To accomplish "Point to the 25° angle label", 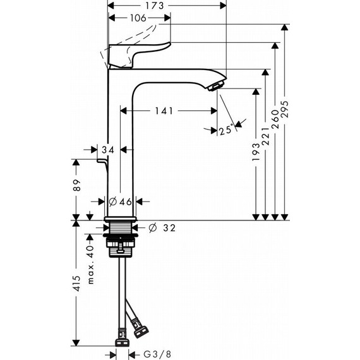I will click(x=225, y=131).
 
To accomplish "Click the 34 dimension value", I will click(x=108, y=150).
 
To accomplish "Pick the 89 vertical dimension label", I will click(x=76, y=187).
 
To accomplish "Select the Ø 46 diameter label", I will click(x=120, y=202).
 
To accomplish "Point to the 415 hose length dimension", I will click(x=76, y=285).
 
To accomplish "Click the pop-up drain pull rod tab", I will click(x=100, y=165).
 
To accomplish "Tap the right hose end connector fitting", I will click(x=138, y=328).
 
